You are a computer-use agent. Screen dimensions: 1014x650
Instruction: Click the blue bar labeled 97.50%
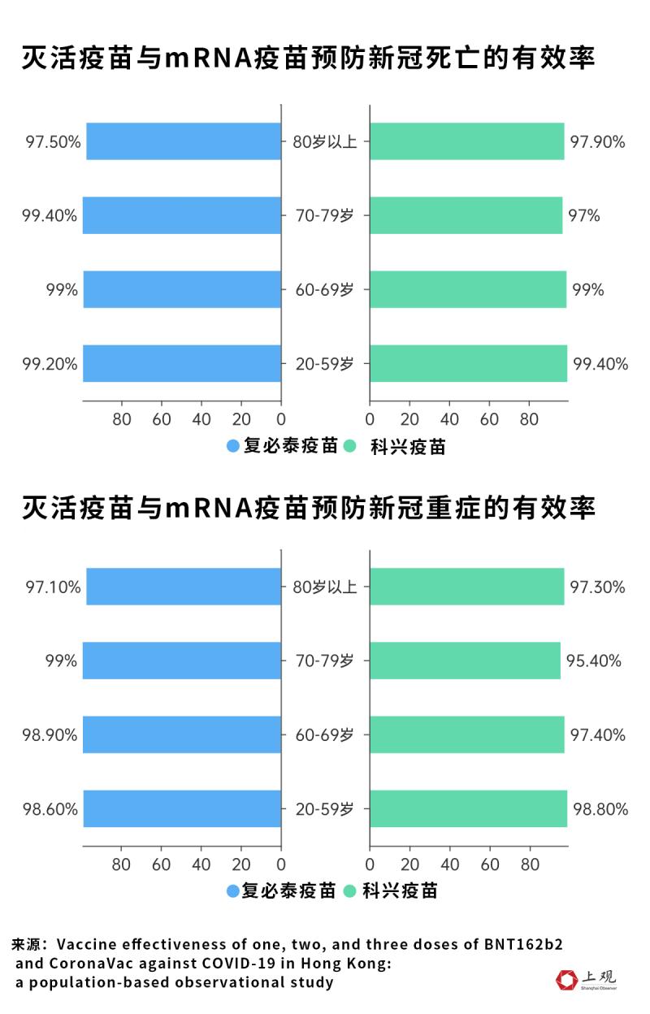(x=184, y=141)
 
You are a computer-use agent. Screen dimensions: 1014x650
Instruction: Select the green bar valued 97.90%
(x=467, y=141)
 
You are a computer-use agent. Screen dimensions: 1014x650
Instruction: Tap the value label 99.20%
(x=50, y=364)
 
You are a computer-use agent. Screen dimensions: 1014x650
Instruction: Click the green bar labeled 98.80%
(x=469, y=808)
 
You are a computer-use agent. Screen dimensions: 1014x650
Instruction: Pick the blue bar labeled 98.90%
(x=182, y=734)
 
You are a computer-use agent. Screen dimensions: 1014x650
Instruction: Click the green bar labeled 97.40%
(x=467, y=734)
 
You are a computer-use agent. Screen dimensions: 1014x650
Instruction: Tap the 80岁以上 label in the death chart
(x=325, y=142)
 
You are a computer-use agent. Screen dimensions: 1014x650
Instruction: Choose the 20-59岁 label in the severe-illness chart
(x=325, y=809)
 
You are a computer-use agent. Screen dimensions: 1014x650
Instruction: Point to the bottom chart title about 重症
(x=309, y=508)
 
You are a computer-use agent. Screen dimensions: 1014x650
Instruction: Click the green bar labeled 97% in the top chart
(x=466, y=215)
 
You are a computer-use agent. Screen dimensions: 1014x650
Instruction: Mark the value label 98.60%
(x=50, y=809)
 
